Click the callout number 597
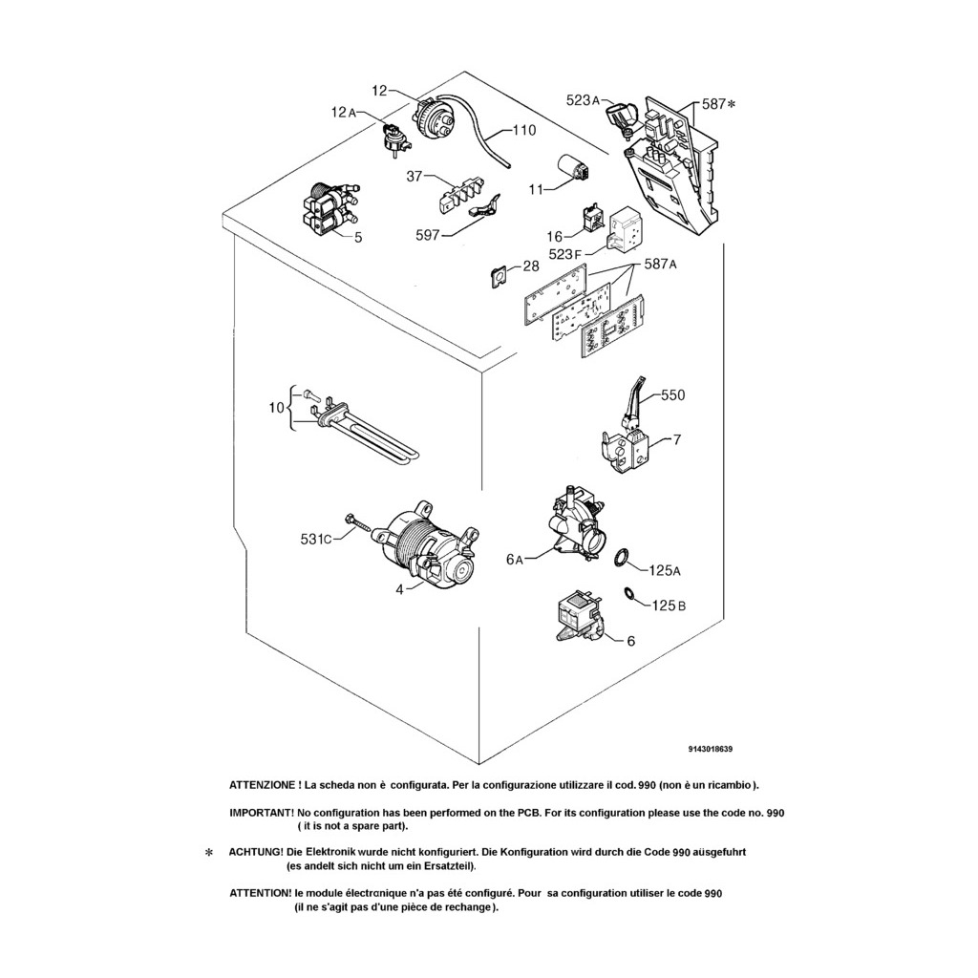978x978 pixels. pyautogui.click(x=428, y=235)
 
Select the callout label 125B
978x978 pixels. pyautogui.click(x=669, y=605)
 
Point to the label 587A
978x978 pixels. pyautogui.click(x=661, y=264)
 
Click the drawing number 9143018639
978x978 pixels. pyautogui.click(x=711, y=749)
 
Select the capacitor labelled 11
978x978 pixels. pyautogui.click(x=574, y=169)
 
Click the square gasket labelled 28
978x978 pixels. pyautogui.click(x=499, y=275)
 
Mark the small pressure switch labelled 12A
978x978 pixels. pyautogui.click(x=393, y=139)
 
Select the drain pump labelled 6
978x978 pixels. pyautogui.click(x=578, y=618)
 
